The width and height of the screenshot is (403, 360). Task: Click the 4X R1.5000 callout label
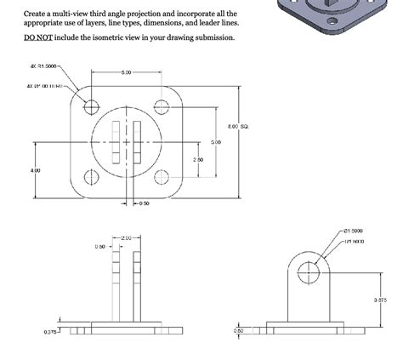45,66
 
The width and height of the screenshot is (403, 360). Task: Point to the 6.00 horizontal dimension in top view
126,72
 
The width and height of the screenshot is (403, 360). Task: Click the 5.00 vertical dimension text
215,142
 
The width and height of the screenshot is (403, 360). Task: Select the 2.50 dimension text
198,159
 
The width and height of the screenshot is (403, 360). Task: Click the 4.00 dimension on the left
35,170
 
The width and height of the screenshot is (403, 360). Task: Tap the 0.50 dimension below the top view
144,204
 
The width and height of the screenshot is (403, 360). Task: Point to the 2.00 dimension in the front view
126,237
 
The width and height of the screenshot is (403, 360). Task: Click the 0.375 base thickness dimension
51,332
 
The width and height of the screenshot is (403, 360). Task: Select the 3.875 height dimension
380,300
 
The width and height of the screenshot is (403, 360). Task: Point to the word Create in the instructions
36,14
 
